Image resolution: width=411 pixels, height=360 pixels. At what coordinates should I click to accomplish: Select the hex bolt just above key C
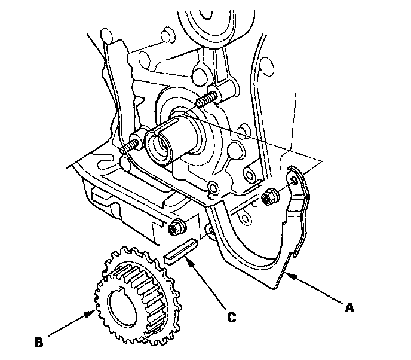point(177,227)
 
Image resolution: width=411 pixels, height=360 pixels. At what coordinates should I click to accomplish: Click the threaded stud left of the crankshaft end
point(129,146)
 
